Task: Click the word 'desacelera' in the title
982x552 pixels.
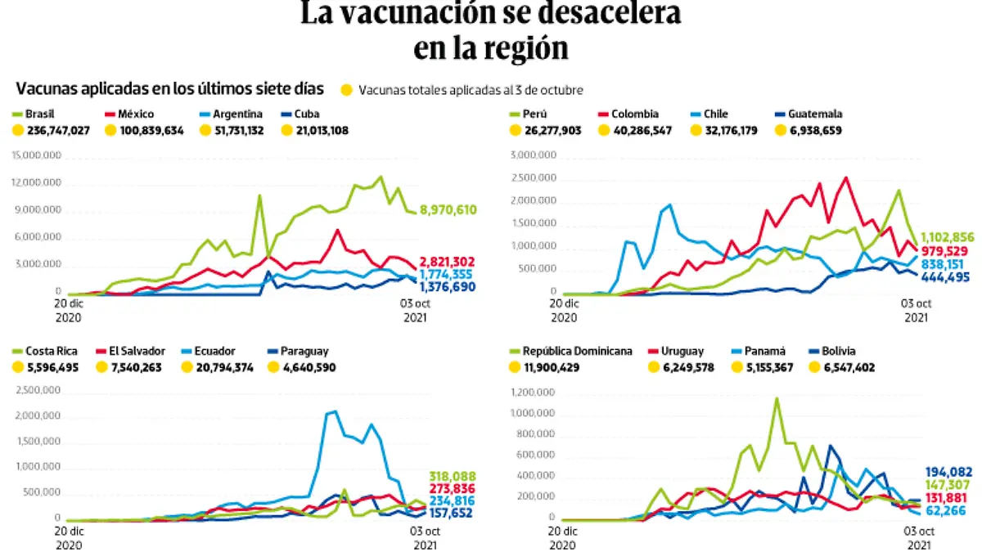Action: [x=603, y=14]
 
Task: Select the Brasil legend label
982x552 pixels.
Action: [x=40, y=114]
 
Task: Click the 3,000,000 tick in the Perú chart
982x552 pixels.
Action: [x=534, y=155]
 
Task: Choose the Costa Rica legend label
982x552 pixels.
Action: [x=52, y=351]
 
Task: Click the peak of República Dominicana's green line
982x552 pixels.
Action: [x=776, y=398]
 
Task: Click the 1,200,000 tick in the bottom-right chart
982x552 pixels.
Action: [x=534, y=393]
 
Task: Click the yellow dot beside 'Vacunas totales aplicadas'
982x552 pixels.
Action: [x=347, y=89]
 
